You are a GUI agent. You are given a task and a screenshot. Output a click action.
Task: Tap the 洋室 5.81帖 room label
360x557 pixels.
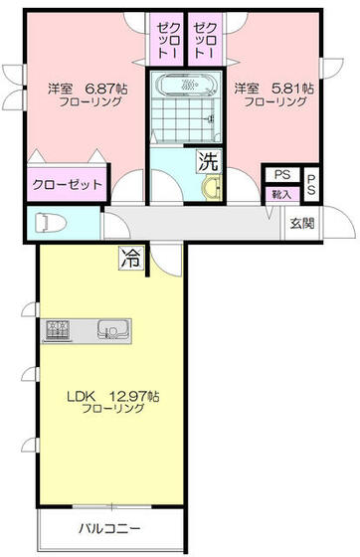(275, 88)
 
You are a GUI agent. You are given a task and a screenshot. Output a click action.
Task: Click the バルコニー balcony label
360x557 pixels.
(109, 528)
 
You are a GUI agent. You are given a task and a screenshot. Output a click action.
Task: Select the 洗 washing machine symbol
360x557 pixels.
(207, 160)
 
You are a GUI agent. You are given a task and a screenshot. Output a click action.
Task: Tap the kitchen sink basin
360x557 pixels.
(109, 329)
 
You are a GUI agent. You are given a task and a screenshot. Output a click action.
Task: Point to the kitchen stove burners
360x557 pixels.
(58, 329)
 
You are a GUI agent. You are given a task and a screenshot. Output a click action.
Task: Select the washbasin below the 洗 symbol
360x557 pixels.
(209, 189)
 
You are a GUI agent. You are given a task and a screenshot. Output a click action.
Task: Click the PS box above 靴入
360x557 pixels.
(281, 174)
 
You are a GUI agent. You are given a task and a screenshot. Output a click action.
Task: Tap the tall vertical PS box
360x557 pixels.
(311, 183)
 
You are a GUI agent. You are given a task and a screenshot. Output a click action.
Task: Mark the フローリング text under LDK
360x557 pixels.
(112, 409)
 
